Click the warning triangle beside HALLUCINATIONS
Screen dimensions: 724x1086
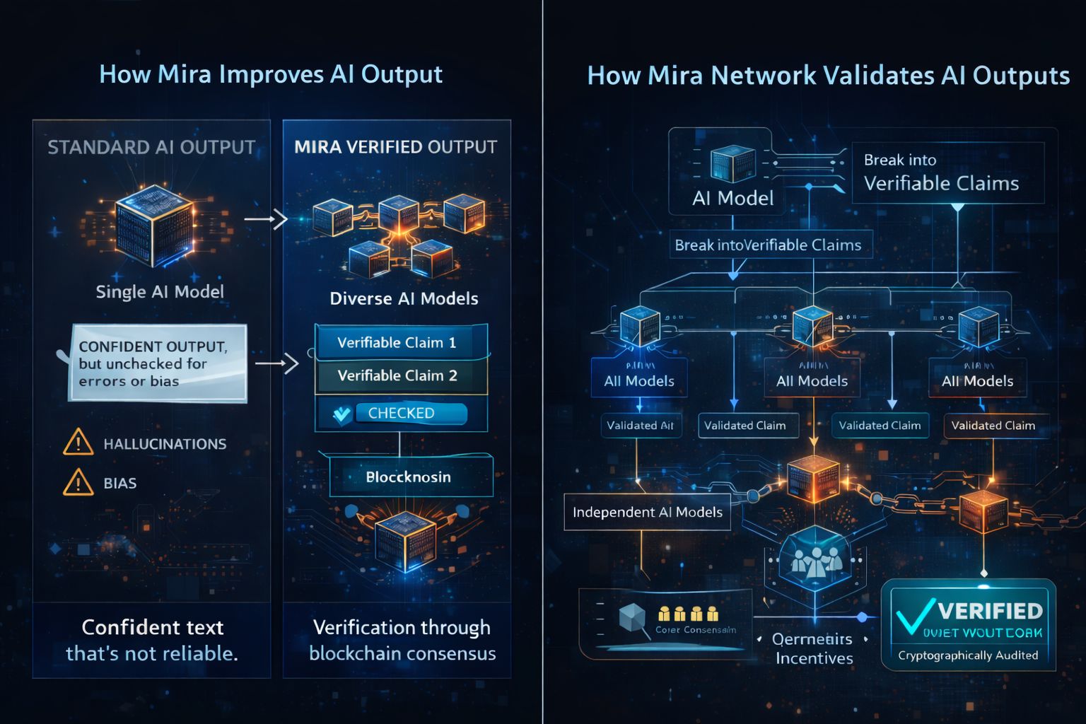tap(78, 443)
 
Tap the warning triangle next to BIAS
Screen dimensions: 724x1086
tap(78, 483)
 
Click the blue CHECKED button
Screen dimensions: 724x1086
tap(410, 413)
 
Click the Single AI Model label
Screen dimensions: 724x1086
tap(160, 291)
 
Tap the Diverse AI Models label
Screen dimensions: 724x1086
tap(404, 298)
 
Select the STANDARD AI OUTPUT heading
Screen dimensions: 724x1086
tap(151, 147)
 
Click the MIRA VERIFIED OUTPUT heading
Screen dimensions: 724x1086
tap(396, 147)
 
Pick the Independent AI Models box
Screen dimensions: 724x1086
tap(647, 512)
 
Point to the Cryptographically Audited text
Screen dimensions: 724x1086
tap(968, 655)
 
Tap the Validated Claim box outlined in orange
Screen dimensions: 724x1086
tap(993, 426)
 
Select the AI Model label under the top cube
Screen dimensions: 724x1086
tap(733, 198)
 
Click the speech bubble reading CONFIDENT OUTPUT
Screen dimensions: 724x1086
tap(158, 363)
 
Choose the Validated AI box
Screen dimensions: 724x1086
tap(640, 426)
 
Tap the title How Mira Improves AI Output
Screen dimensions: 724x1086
tap(271, 74)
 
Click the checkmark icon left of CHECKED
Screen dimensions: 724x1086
tap(342, 414)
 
